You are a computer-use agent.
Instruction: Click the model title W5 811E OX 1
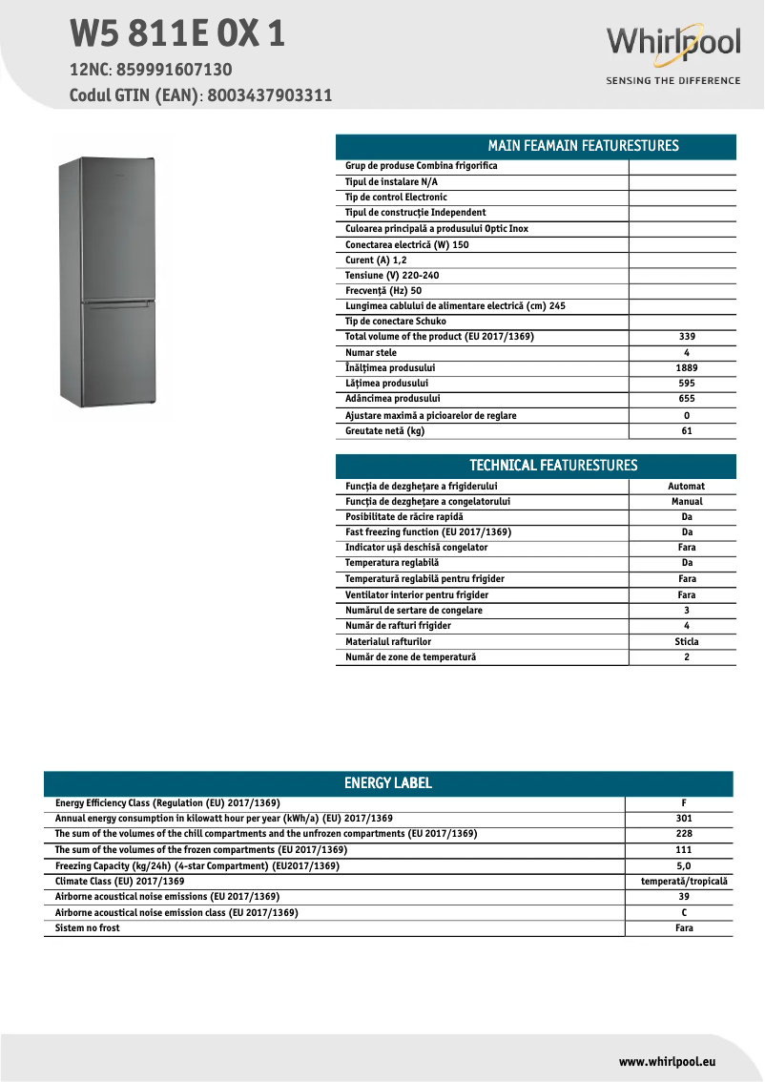[177, 33]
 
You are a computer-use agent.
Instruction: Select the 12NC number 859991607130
[174, 70]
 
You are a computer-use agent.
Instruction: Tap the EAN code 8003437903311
[269, 95]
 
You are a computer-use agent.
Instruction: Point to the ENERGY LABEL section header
[388, 783]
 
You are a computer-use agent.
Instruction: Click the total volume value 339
[686, 337]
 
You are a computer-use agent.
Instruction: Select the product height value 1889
[686, 368]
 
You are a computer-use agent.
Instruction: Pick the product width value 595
[686, 384]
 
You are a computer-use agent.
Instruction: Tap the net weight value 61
[686, 431]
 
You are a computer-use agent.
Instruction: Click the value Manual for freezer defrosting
[686, 501]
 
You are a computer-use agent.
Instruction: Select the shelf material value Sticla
[686, 642]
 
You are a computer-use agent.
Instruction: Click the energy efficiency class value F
[683, 803]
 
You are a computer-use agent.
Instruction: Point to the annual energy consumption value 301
[683, 819]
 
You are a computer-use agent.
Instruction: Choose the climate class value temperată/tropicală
[683, 882]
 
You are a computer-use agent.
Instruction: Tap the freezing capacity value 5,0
[683, 866]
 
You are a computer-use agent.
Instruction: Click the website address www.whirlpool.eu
[667, 1061]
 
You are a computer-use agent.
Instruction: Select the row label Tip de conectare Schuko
[395, 322]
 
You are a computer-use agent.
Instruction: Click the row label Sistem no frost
[88, 928]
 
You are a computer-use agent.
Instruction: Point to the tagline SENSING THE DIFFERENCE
[673, 81]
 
